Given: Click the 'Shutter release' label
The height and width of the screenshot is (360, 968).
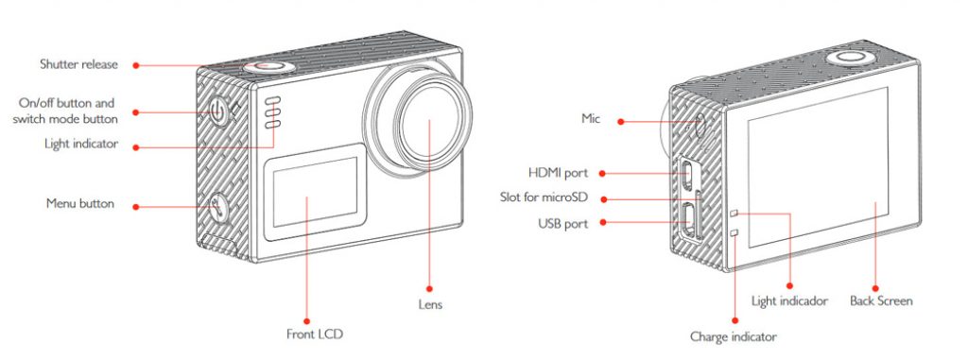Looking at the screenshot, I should pyautogui.click(x=78, y=64).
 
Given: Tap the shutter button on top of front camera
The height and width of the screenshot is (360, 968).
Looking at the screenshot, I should pyautogui.click(x=265, y=67).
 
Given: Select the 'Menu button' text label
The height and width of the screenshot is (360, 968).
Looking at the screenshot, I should pyautogui.click(x=80, y=203).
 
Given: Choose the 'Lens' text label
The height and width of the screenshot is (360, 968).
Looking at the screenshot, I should pyautogui.click(x=430, y=305).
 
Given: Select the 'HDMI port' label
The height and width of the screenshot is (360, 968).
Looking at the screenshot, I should pyautogui.click(x=558, y=173).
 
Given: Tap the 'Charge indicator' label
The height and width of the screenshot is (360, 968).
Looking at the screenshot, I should pyautogui.click(x=734, y=336).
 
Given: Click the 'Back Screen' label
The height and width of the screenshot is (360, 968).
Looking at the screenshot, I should pyautogui.click(x=880, y=301).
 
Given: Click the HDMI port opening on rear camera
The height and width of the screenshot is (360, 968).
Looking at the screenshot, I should pyautogui.click(x=687, y=173).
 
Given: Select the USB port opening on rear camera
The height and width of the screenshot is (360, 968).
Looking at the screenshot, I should pyautogui.click(x=688, y=221).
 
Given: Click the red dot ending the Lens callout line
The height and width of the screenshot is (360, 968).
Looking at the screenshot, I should pyautogui.click(x=430, y=287).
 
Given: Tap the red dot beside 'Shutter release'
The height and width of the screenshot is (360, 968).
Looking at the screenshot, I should pyautogui.click(x=136, y=65).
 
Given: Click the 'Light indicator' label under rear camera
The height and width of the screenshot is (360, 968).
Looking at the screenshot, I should pyautogui.click(x=789, y=301).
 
